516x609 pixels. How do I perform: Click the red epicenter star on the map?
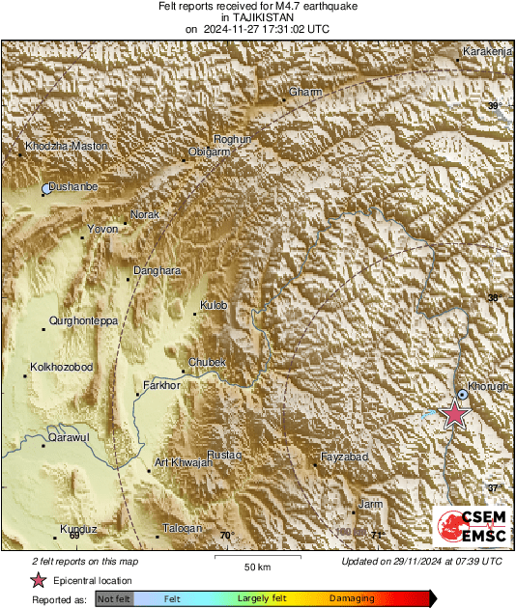(454, 414)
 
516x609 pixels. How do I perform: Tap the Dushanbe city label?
(73, 186)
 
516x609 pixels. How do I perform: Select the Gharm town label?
(305, 93)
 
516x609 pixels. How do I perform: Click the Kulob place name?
(213, 305)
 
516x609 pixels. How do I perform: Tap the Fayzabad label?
(344, 456)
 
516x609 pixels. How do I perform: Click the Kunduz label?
(78, 529)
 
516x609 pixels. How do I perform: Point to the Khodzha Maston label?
(66, 146)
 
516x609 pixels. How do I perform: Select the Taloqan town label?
(182, 528)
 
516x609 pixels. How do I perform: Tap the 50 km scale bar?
(255, 557)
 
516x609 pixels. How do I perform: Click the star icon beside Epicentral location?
(38, 580)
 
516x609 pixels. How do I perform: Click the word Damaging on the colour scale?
(352, 599)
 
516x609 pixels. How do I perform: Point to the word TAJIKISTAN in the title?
(257, 17)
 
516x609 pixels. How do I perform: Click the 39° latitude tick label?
(494, 106)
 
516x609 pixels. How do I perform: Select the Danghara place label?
(157, 271)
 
